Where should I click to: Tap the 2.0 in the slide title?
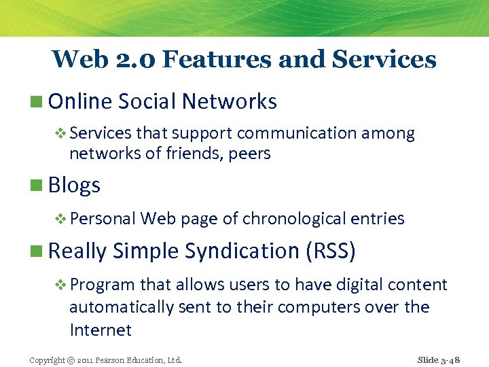tap(131, 59)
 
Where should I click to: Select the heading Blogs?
tap(74, 185)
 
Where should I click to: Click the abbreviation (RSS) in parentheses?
tap(331, 251)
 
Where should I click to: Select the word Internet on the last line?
tap(101, 330)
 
